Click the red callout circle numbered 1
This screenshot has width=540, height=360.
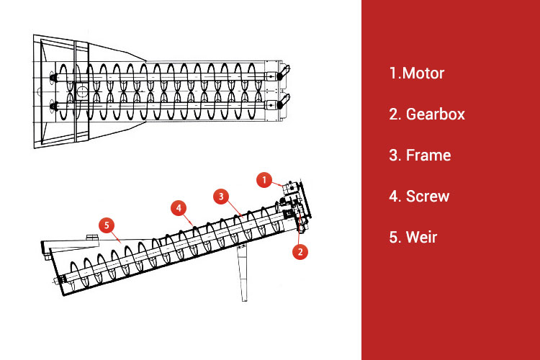[x=264, y=180]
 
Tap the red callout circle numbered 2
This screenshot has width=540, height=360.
[x=300, y=252]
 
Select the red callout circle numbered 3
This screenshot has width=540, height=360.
[x=221, y=197]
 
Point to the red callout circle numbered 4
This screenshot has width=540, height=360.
[x=179, y=208]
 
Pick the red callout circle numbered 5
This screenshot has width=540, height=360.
[x=107, y=225]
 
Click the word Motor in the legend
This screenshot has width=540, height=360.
[x=423, y=73]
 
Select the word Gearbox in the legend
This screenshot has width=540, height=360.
[x=436, y=114]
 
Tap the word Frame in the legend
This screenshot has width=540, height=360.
[x=428, y=156]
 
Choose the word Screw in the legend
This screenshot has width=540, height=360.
[x=428, y=197]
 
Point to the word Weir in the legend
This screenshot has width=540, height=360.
[x=421, y=238]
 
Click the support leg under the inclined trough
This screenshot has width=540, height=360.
[x=243, y=272]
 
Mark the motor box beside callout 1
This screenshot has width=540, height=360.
[x=290, y=188]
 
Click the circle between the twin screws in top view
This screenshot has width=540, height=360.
[x=82, y=91]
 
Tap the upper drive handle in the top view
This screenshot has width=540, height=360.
[x=284, y=72]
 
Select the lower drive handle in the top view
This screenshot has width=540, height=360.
[x=284, y=102]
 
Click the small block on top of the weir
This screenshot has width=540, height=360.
[x=92, y=237]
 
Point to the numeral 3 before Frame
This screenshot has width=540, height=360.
[x=394, y=156]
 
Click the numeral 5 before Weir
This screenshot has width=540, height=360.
[x=394, y=238]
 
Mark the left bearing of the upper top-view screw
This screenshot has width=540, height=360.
[x=53, y=78]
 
